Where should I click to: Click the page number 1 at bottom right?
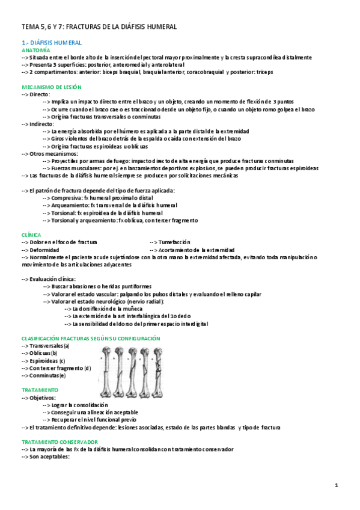point(337,485)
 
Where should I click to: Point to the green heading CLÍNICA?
point(31,235)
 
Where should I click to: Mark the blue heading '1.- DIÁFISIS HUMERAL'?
point(51,43)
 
